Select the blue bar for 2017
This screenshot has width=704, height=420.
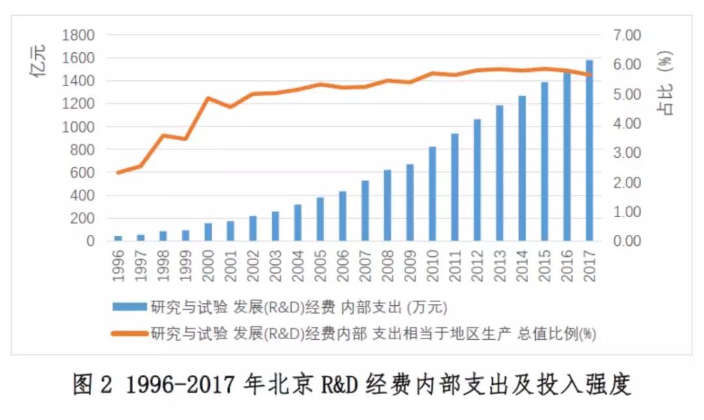click(589, 151)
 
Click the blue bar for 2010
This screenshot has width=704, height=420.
click(432, 194)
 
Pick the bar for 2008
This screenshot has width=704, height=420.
click(387, 205)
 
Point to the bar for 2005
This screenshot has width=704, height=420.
click(320, 219)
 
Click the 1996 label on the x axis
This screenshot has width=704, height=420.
click(118, 263)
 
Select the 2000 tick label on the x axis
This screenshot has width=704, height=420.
click(208, 263)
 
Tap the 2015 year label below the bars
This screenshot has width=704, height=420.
click(545, 263)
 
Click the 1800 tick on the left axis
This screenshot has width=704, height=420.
click(78, 35)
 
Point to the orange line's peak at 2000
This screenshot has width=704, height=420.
click(208, 98)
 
